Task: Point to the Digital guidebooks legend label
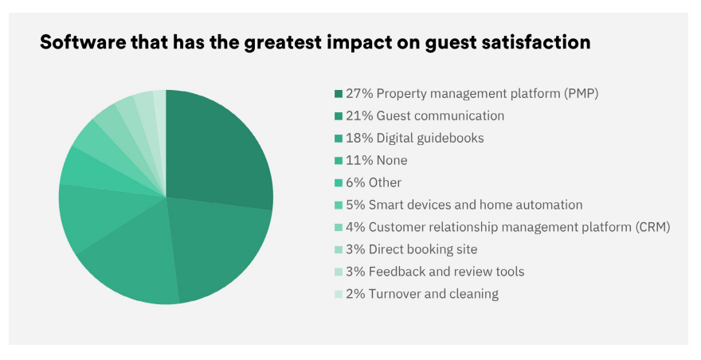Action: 414,138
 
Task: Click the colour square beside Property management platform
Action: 339,94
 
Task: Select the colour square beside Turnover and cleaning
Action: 339,294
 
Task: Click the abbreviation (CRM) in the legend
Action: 652,227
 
